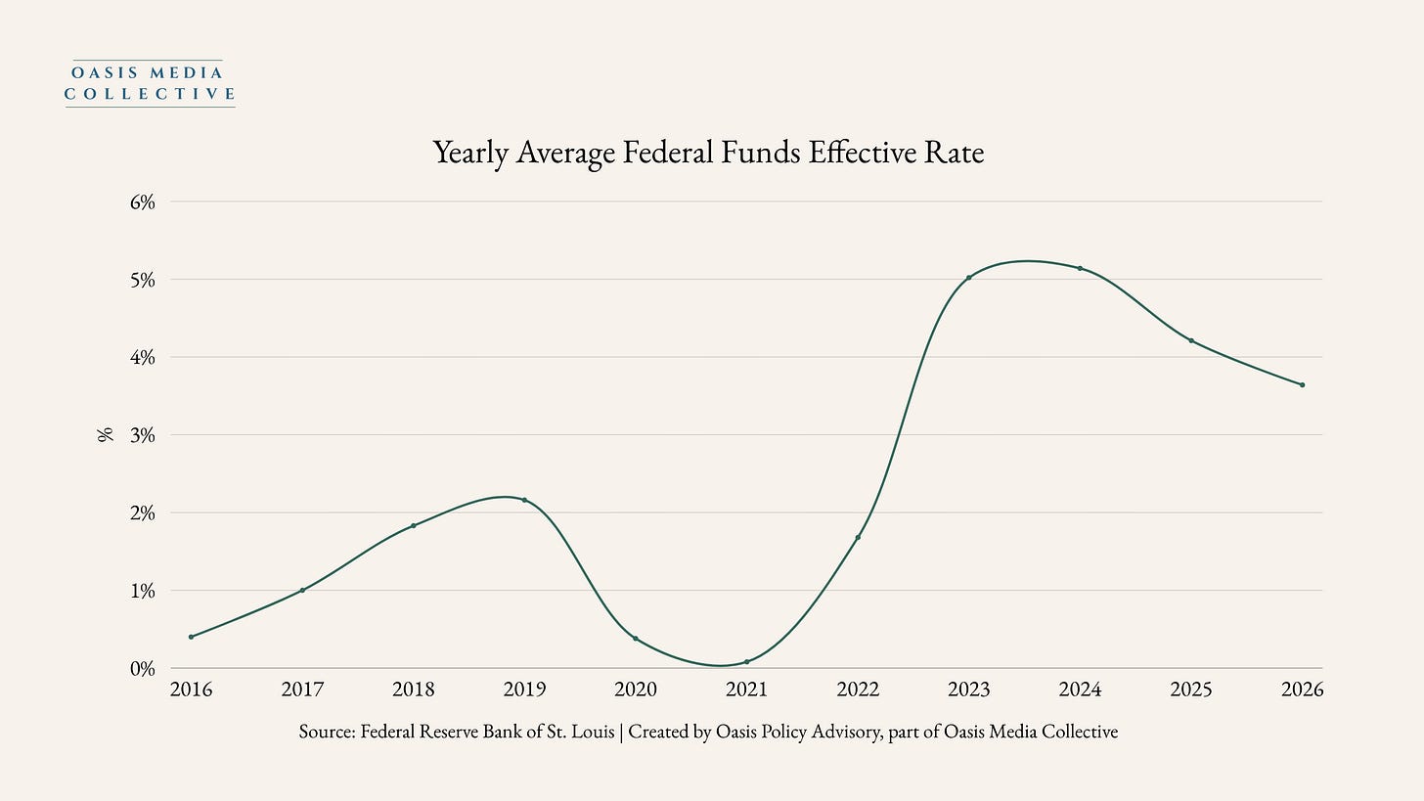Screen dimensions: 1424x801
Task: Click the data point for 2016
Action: [x=192, y=637]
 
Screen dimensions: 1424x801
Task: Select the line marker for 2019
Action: [x=524, y=500]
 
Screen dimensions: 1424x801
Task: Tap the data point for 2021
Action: [x=747, y=662]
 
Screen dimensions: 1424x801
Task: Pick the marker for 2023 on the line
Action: [x=969, y=277]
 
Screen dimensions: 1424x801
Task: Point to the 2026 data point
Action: [x=1302, y=384]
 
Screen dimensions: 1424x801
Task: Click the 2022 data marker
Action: [x=858, y=537]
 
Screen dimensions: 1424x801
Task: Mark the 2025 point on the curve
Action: [x=1191, y=340]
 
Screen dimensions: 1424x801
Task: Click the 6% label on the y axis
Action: [x=143, y=202]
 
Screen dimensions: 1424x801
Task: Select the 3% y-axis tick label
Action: [x=143, y=435]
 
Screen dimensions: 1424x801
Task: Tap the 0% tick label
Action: [x=143, y=669]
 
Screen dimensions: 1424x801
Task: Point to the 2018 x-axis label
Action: [x=413, y=690]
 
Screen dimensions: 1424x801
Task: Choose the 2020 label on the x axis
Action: [x=636, y=690]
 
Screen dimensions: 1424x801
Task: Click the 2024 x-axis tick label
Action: [x=1080, y=690]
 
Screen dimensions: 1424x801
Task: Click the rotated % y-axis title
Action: [x=106, y=435]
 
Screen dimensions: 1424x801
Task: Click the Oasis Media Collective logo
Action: [x=150, y=83]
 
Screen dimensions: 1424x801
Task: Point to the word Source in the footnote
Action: [x=327, y=732]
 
